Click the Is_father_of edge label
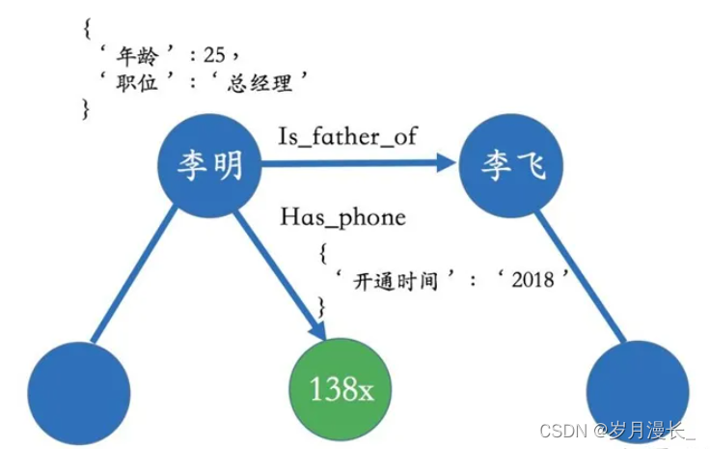pos(347,134)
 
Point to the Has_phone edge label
pos(342,217)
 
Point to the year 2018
pos(533,280)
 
